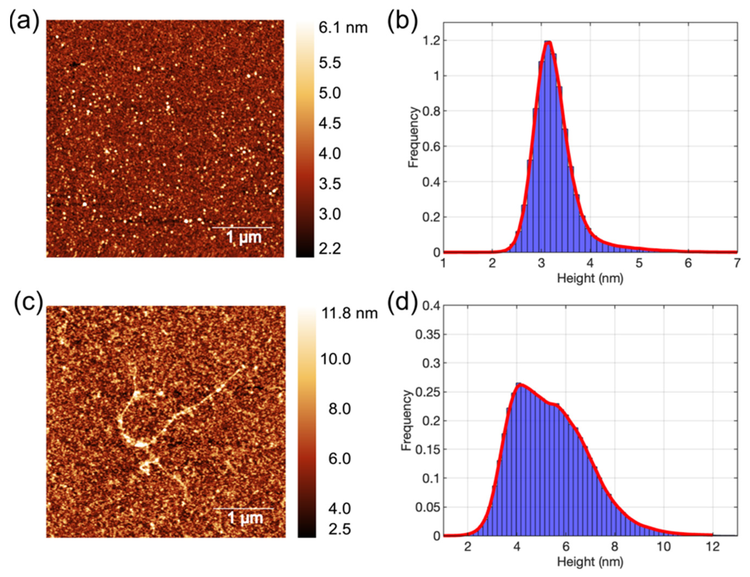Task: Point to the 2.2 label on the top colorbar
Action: point(330,249)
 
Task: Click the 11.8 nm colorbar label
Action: point(348,313)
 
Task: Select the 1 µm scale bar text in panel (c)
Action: point(245,518)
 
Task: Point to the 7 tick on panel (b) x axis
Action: point(737,264)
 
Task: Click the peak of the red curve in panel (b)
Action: point(548,42)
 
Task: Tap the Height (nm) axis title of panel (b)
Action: point(590,278)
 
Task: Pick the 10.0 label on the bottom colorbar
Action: point(336,359)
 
